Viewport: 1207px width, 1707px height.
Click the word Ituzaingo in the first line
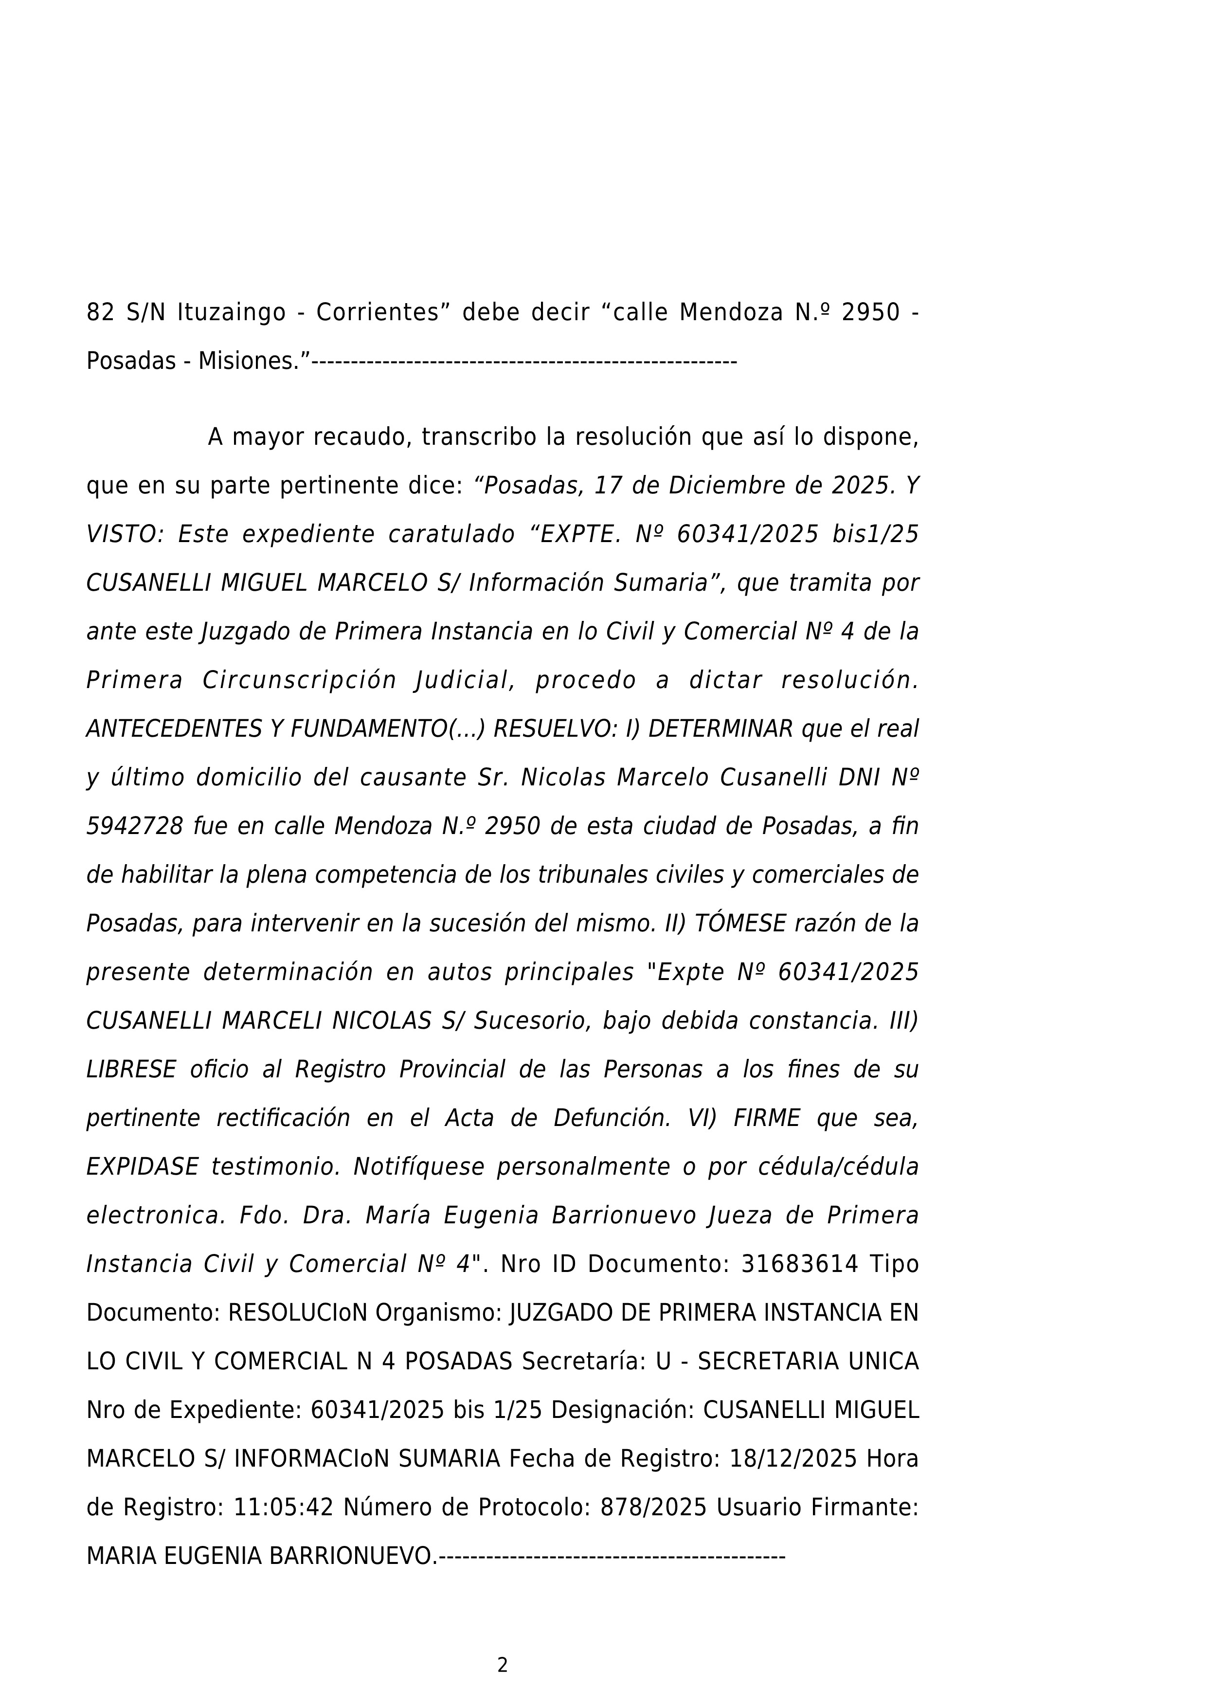point(231,313)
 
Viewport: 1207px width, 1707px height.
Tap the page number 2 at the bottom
point(503,1665)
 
